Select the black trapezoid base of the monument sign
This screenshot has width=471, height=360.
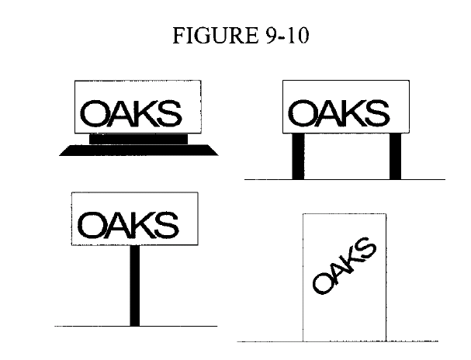coord(139,151)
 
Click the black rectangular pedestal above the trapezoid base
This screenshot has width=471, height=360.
coord(139,138)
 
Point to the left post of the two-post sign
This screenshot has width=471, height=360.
coord(298,155)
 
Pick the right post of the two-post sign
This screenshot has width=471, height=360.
coord(395,155)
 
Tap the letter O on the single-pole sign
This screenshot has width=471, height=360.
coord(92,226)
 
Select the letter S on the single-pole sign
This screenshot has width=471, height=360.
coord(166,226)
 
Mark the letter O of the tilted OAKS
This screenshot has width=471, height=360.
coord(321,284)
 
